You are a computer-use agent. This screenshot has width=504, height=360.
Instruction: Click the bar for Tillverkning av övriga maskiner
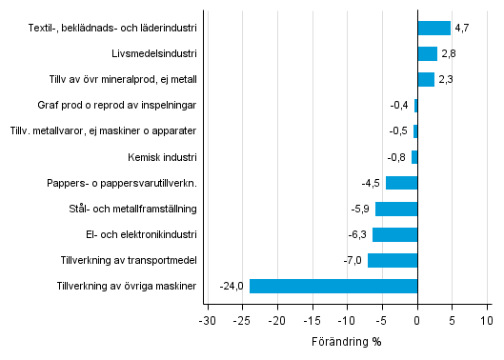333,286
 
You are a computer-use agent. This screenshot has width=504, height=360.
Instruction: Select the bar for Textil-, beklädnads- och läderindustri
433,28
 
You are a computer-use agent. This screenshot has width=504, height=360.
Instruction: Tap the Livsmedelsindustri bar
427,53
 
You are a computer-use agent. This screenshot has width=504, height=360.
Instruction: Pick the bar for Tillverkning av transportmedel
393,260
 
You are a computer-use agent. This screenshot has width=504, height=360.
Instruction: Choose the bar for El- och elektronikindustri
394,234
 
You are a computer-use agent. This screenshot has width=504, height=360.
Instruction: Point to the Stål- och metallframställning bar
396,209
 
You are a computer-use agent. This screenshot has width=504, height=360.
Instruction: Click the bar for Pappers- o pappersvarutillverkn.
401,183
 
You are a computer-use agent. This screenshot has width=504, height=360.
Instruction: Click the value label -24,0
232,286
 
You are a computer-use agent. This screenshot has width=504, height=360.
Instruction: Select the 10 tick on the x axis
487,320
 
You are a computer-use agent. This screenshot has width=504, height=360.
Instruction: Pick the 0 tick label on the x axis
417,320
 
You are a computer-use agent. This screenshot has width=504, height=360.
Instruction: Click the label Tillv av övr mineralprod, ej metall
123,80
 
